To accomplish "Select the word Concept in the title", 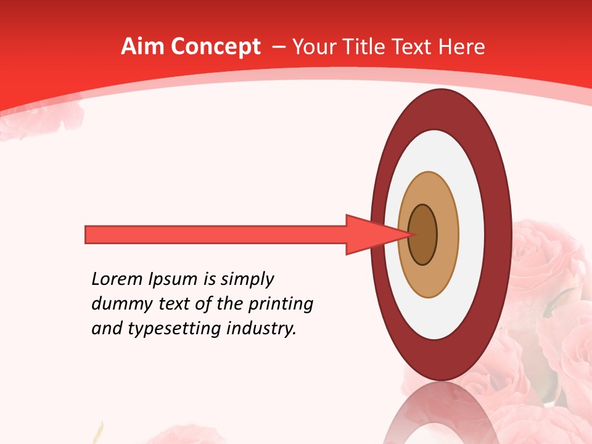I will coord(215,47).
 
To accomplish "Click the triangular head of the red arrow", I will coord(370,235).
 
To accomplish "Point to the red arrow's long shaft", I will coord(216,235).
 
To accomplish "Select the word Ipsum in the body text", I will coord(172,280).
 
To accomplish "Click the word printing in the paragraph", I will coord(280,305).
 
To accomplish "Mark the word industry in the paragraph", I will coord(261,329).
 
